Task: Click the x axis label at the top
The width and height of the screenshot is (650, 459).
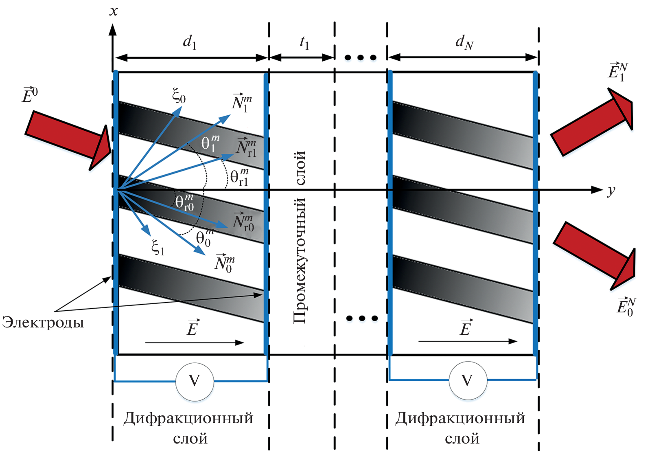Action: click(114, 11)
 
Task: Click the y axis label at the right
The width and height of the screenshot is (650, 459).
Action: click(611, 191)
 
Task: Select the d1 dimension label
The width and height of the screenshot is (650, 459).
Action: click(190, 42)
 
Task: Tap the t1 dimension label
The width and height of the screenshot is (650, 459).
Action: click(304, 42)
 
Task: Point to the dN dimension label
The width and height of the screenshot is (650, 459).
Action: click(464, 42)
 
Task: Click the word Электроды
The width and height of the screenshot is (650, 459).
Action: click(43, 322)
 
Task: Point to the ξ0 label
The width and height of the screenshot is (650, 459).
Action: click(179, 96)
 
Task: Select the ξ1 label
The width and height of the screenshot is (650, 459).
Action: click(158, 247)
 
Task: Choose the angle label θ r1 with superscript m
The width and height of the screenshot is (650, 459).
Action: click(239, 177)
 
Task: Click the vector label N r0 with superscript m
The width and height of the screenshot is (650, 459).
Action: click(243, 222)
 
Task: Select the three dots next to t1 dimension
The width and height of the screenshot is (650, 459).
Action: click(360, 58)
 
